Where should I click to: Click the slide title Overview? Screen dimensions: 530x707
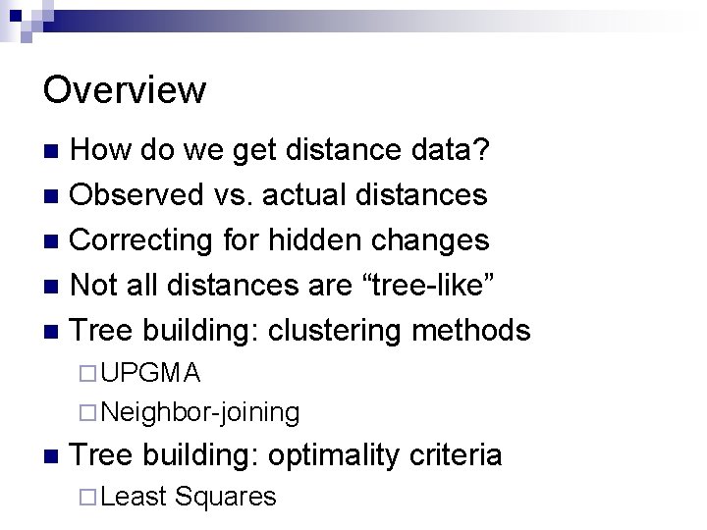pyautogui.click(x=125, y=90)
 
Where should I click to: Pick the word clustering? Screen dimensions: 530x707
pyautogui.click(x=340, y=330)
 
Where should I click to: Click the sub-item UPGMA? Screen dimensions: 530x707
pyautogui.click(x=152, y=373)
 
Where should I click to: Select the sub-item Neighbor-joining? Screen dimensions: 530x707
pyautogui.click(x=200, y=411)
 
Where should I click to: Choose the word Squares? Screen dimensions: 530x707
pyautogui.click(x=225, y=497)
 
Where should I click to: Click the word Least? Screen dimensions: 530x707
pyautogui.click(x=133, y=497)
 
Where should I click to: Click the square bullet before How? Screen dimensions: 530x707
pyautogui.click(x=54, y=151)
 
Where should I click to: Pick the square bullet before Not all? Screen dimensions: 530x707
pyautogui.click(x=54, y=286)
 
